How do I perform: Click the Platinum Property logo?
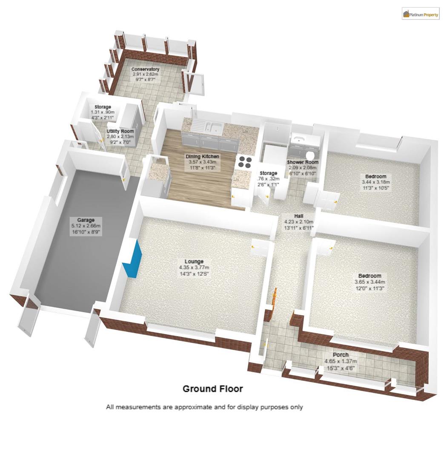pos(420,14)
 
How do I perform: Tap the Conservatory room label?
pos(145,69)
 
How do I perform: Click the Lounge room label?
pos(194,262)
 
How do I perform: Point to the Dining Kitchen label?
pos(202,156)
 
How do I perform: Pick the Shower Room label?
pos(302,162)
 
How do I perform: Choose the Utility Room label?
pos(120,131)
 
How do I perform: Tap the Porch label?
pos(341,355)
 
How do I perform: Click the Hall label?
pos(299,216)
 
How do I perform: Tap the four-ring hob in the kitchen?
pos(244,162)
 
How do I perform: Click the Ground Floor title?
pos(212,388)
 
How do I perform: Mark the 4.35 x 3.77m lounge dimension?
pos(194,267)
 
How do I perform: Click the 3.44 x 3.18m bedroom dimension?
pos(375,182)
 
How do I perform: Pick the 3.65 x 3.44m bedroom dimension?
pos(370,282)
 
